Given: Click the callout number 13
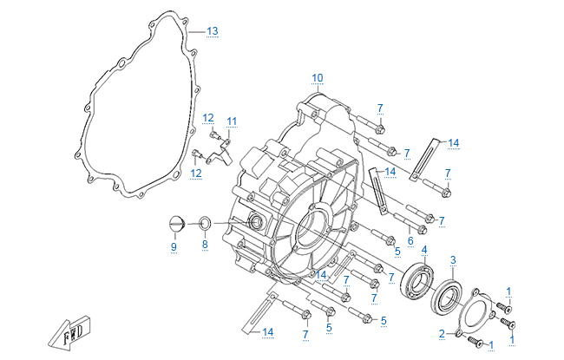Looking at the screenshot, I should [x=212, y=30].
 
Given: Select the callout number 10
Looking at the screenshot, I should [x=317, y=76].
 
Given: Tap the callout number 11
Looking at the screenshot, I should [x=232, y=120].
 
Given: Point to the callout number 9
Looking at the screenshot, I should [x=173, y=247].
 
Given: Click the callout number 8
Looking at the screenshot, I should [x=205, y=245].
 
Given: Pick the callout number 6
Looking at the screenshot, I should [x=410, y=240].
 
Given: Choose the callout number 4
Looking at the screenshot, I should [x=424, y=250].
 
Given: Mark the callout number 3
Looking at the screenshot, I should [x=453, y=259].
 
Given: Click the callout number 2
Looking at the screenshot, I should [x=442, y=333].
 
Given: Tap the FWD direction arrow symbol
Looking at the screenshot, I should [x=72, y=333].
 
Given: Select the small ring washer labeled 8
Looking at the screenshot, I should [x=205, y=224].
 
